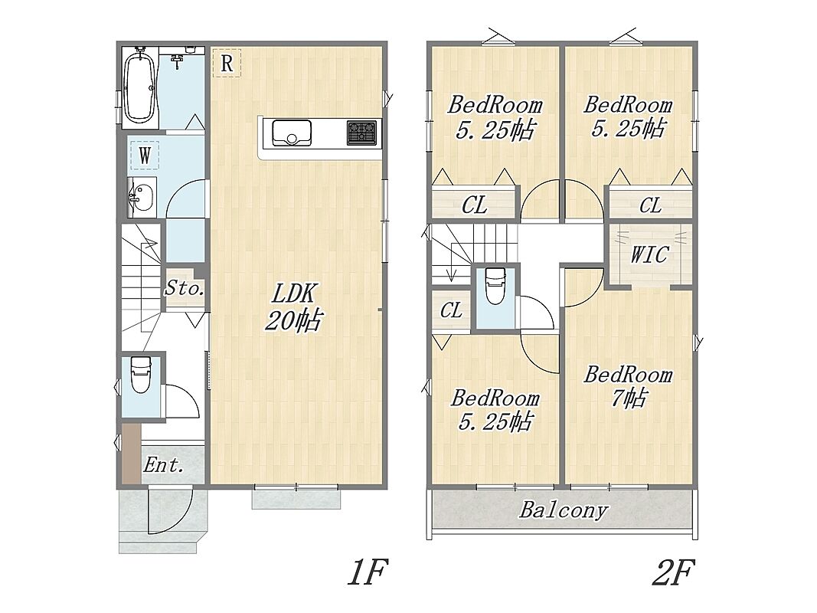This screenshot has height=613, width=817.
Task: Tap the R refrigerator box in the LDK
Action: (227, 63)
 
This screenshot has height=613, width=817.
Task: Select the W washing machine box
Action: (144, 155)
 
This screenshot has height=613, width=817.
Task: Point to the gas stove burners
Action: (361, 133)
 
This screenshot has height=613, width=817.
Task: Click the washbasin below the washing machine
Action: (141, 197)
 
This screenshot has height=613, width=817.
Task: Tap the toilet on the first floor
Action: (139, 374)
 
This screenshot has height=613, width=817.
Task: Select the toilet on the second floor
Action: (495, 286)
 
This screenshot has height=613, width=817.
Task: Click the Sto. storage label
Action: (184, 288)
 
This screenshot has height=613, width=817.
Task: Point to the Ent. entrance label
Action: (164, 465)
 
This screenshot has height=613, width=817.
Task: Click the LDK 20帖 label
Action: (294, 307)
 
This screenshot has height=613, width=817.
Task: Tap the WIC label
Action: (649, 255)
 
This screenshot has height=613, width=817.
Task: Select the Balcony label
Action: (564, 510)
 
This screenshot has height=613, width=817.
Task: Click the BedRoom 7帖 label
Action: (629, 386)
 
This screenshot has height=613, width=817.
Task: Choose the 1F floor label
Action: (368, 572)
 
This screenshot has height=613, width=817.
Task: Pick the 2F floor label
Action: (673, 572)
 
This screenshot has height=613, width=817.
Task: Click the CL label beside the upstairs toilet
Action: (451, 310)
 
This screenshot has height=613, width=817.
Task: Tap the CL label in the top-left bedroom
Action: (474, 205)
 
